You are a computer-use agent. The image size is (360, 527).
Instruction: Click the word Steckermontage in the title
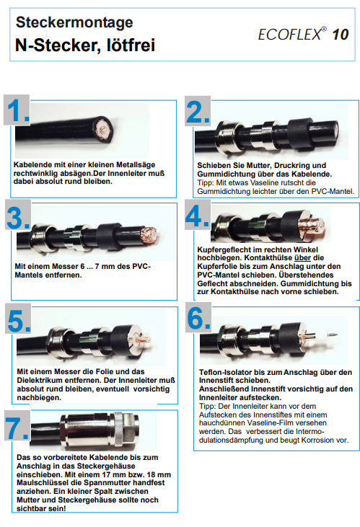coord(74,22)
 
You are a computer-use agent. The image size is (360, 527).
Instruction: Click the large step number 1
coord(18,110)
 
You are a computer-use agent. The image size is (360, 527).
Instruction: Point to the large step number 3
coord(18,218)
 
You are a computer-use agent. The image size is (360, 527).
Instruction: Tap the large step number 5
coord(19,321)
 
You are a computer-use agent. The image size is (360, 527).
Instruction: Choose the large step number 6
coord(199,318)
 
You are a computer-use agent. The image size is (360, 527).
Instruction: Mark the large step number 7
coord(17,428)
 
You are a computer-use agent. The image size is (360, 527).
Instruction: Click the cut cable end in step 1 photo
coord(103,129)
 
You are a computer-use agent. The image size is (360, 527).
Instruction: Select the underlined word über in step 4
coord(302,258)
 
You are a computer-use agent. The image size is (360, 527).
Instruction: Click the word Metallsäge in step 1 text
coord(136,165)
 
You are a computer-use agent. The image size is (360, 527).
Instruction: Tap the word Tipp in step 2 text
coord(205,183)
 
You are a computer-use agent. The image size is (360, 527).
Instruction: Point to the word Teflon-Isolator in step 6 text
coord(225,373)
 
